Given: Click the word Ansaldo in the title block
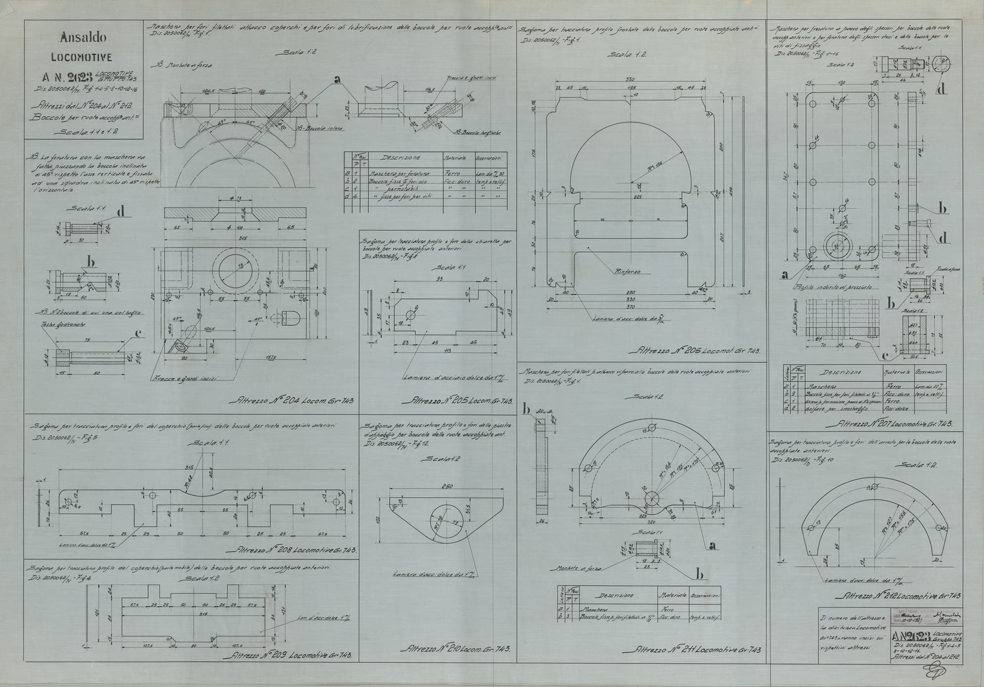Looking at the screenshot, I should [83, 38].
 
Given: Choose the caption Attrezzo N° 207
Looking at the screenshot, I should [893, 424].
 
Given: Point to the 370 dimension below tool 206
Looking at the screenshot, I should [631, 307].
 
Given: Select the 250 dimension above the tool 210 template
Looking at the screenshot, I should [447, 486].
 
